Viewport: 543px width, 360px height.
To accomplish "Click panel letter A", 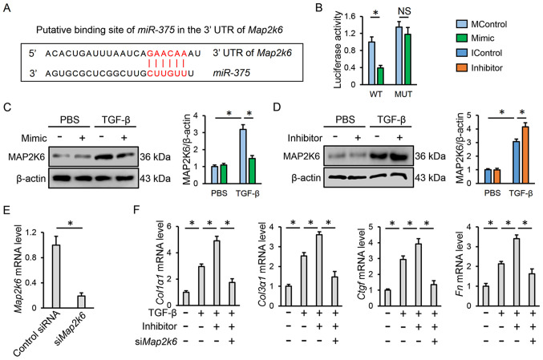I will coord(7,8).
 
